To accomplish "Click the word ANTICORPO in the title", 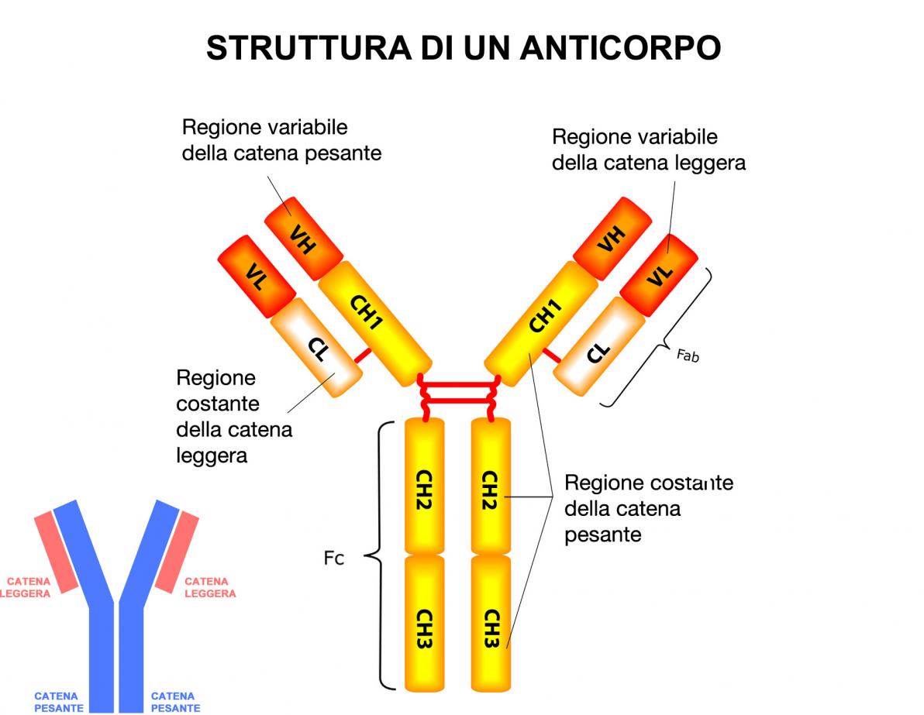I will pos(620,48).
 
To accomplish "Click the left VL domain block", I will pos(257,276).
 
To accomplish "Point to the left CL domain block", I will pos(316,349).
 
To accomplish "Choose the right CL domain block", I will pos(598,349).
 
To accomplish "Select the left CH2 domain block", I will pos(424,487).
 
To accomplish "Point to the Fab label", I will pos(688,356).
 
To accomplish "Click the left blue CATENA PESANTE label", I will pos(59,702).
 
